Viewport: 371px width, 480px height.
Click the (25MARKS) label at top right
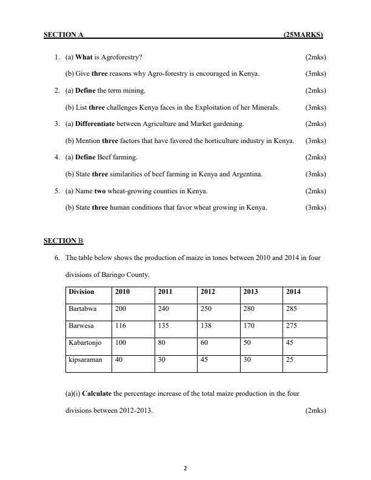point(303,35)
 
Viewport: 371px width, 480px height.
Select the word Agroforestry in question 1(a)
point(122,58)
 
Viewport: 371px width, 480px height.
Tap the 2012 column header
point(208,292)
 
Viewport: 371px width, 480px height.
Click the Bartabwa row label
point(82,308)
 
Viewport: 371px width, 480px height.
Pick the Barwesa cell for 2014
point(293,325)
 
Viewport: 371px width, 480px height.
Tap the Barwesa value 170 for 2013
point(250,325)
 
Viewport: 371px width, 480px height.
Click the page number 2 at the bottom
point(185,468)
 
